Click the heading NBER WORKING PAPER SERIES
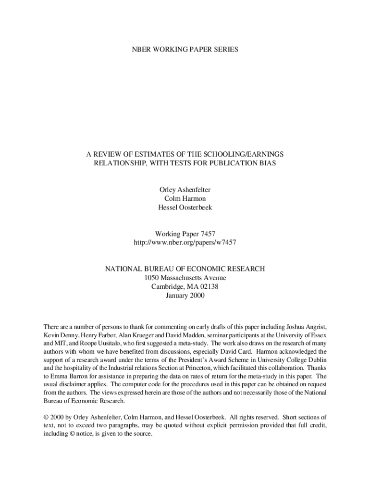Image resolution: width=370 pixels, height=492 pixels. pos(185,49)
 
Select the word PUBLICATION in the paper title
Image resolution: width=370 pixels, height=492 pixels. pos(221,163)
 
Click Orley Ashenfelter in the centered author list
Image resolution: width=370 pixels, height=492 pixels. pos(185,190)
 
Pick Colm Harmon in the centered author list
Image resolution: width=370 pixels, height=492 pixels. pos(185,198)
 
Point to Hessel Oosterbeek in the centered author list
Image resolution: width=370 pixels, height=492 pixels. pos(185,207)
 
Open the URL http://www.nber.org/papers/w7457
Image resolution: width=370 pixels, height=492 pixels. pos(185,243)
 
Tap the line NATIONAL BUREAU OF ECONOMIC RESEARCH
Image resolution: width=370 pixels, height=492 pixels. pos(185,269)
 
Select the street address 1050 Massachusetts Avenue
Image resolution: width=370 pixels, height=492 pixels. pos(185,278)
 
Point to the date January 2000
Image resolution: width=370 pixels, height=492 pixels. pos(185,295)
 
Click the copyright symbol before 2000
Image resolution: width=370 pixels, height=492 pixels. pos(46,417)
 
